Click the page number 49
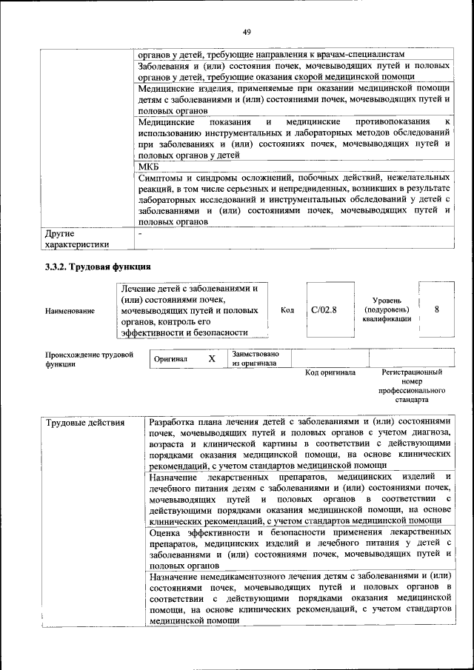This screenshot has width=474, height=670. pyautogui.click(x=247, y=31)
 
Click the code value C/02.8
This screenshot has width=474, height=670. pyautogui.click(x=323, y=310)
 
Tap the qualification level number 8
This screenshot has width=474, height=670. pyautogui.click(x=437, y=310)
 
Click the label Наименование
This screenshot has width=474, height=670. pyautogui.click(x=70, y=311)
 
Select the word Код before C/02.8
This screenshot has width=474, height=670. pyautogui.click(x=289, y=310)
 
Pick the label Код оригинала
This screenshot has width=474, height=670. pyautogui.click(x=330, y=372)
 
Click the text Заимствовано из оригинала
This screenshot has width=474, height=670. pyautogui.click(x=256, y=358)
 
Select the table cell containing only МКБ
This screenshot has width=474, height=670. pyautogui.click(x=149, y=168)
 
